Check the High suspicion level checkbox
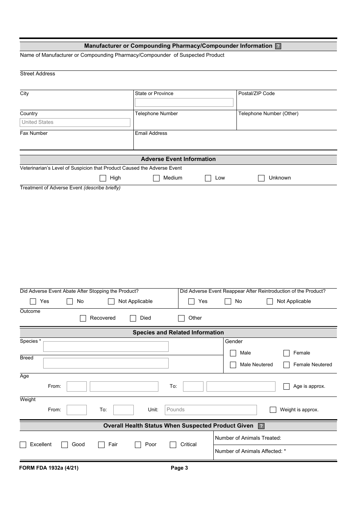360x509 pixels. point(103,178)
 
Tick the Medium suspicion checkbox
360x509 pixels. point(156,178)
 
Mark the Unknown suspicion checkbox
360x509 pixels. point(261,178)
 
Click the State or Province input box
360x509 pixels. point(184,102)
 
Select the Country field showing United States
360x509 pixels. point(75,122)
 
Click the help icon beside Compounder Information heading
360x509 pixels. point(278,46)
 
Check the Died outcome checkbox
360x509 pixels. point(133,318)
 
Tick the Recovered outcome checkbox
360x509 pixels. point(83,318)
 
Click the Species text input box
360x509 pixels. point(106,347)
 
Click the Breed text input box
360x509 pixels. point(106,363)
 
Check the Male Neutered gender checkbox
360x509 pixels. point(233,365)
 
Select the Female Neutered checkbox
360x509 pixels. point(286,365)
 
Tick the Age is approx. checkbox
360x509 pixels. point(286,386)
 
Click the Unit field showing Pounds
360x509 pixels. point(211,410)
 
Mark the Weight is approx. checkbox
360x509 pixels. point(273,410)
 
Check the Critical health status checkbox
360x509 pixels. point(173,445)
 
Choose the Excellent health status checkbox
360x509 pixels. point(23,445)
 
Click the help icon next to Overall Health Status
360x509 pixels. point(261,426)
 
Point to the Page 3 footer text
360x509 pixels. point(179,468)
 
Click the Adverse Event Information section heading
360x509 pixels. point(178,159)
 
